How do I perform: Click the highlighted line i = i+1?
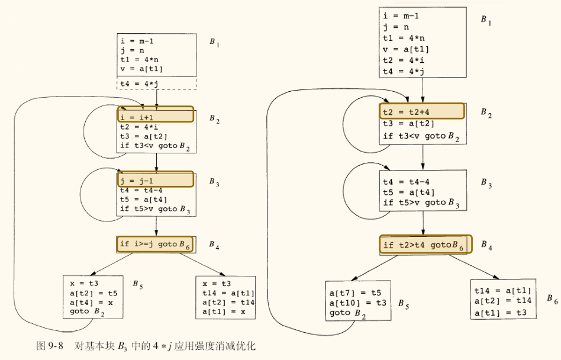pyautogui.click(x=156, y=115)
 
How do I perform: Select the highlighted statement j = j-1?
pyautogui.click(x=156, y=179)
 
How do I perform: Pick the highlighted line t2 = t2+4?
pyautogui.click(x=421, y=111)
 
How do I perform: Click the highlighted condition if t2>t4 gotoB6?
pyautogui.click(x=425, y=244)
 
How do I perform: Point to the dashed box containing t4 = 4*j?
pyautogui.click(x=156, y=83)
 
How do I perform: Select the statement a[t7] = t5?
pyautogui.click(x=355, y=292)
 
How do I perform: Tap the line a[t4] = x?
pyautogui.click(x=91, y=302)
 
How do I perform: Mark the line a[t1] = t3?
pyautogui.click(x=502, y=311)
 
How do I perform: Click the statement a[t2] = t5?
pyautogui.click(x=93, y=292)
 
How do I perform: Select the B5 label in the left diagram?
pyautogui.click(x=137, y=285)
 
